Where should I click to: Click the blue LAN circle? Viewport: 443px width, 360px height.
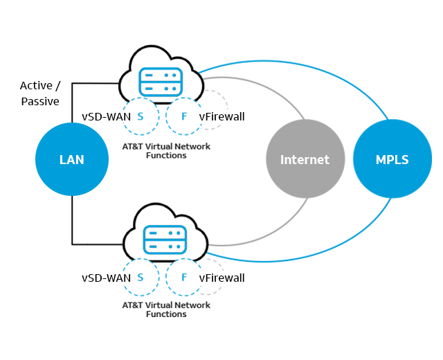coord(72,160)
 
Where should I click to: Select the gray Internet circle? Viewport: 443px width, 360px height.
coord(304,159)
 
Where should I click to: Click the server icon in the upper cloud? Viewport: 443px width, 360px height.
coord(161,82)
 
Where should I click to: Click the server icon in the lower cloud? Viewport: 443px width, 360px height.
coord(164,240)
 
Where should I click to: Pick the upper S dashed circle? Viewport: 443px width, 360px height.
coord(141,116)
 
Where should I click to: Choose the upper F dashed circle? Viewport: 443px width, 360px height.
coord(183,116)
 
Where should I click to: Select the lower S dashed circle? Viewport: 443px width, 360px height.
coord(141,278)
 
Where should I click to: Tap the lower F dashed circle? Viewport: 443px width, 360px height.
coord(183,278)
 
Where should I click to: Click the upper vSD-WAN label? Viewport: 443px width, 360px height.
coord(106,117)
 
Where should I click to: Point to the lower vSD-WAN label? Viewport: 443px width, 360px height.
coord(106,278)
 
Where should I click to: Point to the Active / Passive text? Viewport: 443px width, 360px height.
coord(39,93)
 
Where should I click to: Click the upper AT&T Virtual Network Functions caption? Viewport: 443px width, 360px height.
coord(166,151)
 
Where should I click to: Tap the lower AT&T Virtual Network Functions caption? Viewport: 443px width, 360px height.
coord(166,309)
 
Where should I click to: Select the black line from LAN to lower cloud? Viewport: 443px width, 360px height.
coord(72,222)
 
